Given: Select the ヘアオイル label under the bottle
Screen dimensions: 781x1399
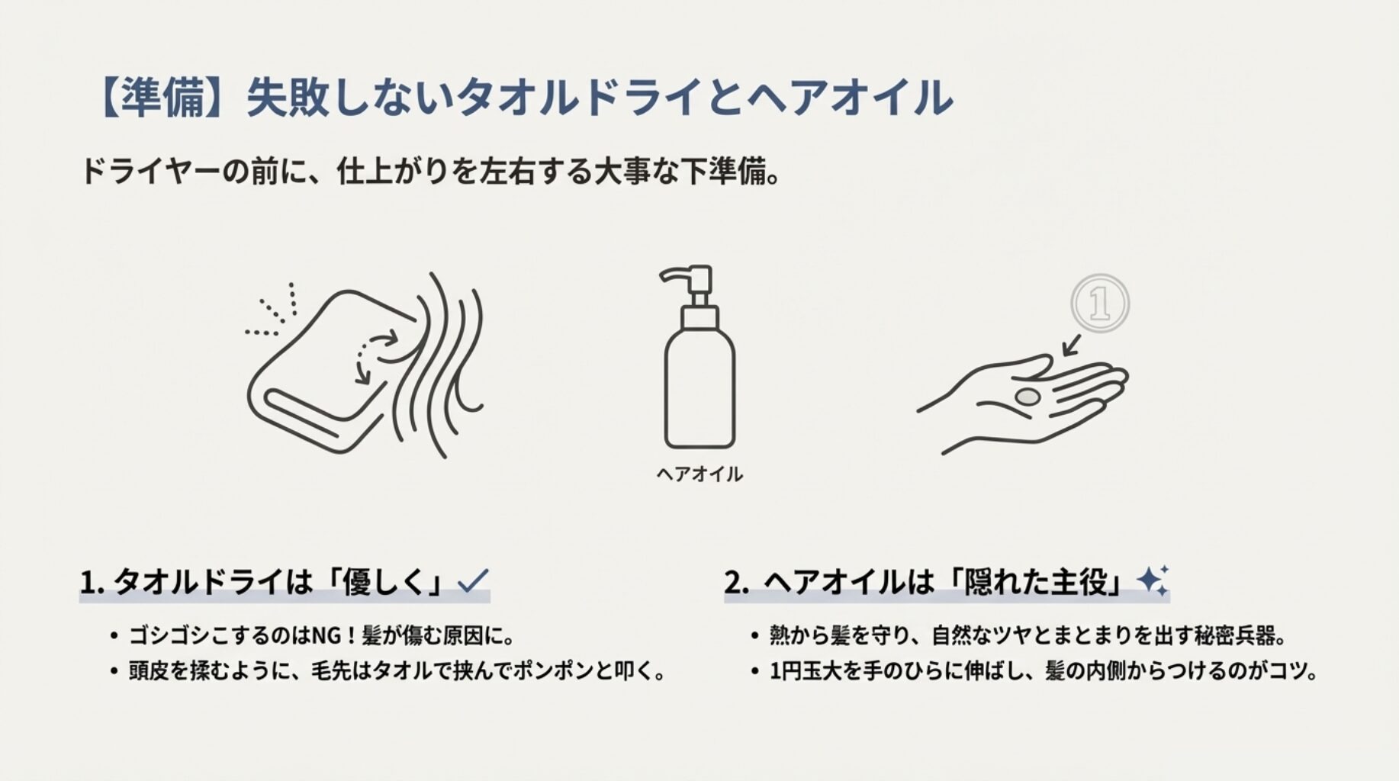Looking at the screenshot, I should pyautogui.click(x=699, y=474).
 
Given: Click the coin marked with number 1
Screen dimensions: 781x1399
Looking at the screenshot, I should pyautogui.click(x=1099, y=304).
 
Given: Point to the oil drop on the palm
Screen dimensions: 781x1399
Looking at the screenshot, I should pyautogui.click(x=1028, y=397).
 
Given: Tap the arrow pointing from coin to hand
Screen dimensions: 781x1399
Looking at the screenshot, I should pyautogui.click(x=1072, y=345).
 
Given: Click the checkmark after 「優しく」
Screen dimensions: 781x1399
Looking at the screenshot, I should pyautogui.click(x=473, y=581).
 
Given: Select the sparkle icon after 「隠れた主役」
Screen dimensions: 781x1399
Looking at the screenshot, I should pyautogui.click(x=1152, y=581).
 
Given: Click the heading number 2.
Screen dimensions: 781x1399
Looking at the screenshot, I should pyautogui.click(x=735, y=583).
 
